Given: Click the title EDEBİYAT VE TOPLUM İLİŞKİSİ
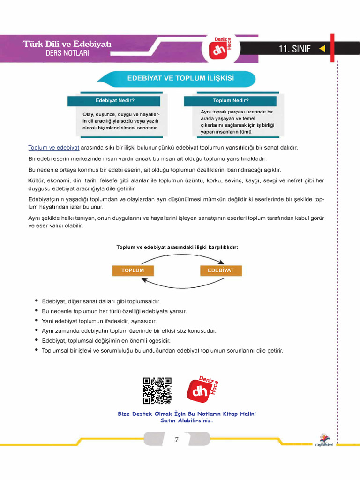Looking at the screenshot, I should [180, 78].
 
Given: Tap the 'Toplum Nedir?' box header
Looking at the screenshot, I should [231, 101].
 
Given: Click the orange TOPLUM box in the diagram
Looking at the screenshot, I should [133, 270].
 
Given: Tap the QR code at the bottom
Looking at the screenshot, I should [157, 391].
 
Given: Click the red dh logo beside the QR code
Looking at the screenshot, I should [202, 389].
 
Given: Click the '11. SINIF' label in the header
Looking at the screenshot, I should [294, 49].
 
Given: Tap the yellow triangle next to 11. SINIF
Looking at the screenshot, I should [322, 48].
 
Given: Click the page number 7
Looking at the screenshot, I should [177, 440].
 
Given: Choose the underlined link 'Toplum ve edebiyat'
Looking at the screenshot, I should [54, 148].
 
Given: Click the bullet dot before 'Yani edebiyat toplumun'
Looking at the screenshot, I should [37, 321].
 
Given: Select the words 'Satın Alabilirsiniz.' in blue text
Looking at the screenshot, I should [187, 420].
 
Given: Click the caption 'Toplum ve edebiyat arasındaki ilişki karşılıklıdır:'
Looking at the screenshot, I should [177, 247].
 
